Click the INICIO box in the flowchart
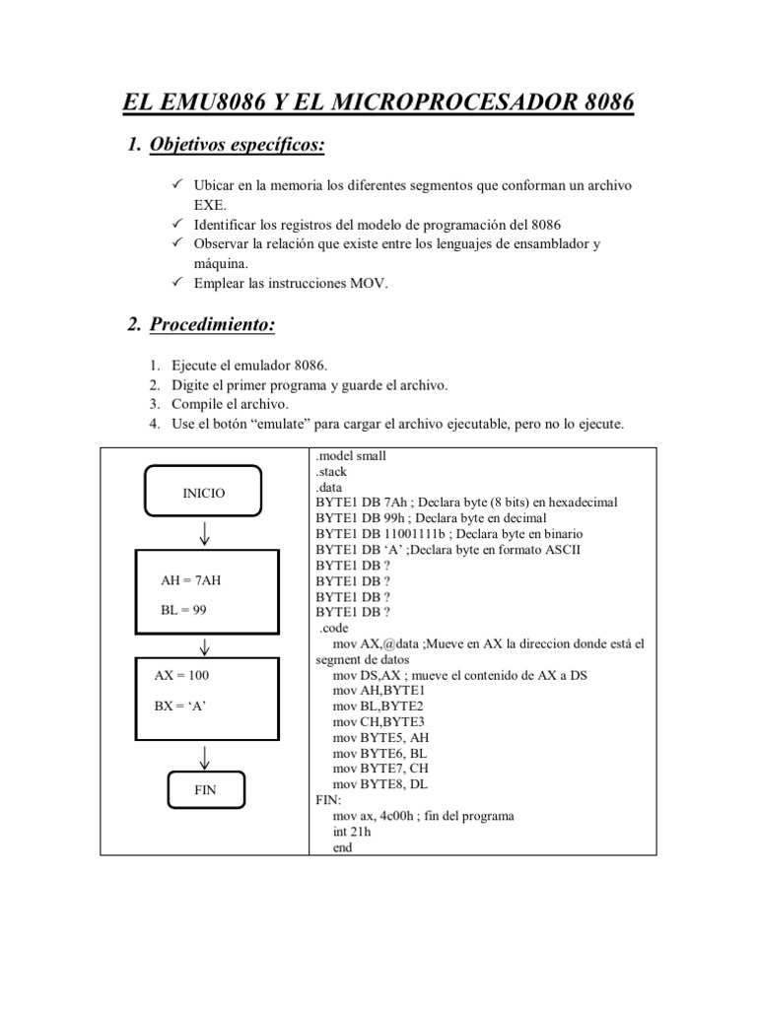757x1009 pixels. [204, 493]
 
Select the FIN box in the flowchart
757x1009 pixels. [205, 789]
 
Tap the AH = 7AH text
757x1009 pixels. [190, 580]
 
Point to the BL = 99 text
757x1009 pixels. [183, 610]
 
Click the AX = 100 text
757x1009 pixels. [181, 676]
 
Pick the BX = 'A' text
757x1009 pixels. [179, 706]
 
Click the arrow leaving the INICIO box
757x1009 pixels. [205, 533]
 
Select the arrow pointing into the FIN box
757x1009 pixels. [205, 756]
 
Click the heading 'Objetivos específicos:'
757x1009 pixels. [237, 146]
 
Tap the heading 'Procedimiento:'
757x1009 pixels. [212, 325]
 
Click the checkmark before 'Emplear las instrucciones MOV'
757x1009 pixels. [177, 284]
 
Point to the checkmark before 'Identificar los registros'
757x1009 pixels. [177, 225]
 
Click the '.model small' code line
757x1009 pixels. [351, 456]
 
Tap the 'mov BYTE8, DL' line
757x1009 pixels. [380, 783]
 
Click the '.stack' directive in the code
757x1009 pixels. [332, 472]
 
